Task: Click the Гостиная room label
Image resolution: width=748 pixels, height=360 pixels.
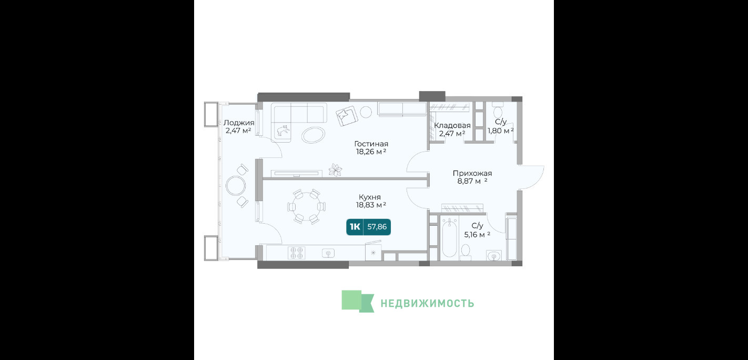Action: pos(371,144)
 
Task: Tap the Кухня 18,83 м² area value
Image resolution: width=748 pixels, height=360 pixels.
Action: pos(371,205)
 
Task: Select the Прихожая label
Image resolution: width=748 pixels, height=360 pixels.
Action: pos(472,174)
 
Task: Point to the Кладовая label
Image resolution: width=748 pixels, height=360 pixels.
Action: pos(452,126)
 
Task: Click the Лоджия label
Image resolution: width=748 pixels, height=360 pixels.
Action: pos(239,123)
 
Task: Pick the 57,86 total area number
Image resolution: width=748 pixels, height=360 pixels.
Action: pos(377,227)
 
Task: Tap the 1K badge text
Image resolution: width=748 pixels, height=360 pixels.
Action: pos(355,227)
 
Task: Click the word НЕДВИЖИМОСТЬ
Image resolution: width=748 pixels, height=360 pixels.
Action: pos(427,303)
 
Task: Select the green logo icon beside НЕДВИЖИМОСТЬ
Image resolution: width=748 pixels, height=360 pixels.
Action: pos(358,301)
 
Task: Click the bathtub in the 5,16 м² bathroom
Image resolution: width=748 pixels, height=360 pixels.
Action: pos(449,238)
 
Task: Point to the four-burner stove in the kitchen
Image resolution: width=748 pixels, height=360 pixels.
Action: pos(297,253)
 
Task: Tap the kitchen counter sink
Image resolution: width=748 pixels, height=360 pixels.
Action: pos(328,253)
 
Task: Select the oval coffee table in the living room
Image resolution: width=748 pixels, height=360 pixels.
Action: pos(313,135)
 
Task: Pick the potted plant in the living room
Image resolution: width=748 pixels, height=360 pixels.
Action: pos(335,170)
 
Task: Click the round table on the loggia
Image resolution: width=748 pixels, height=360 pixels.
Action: pos(236,186)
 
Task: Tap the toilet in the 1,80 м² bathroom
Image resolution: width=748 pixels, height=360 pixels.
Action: pos(498,110)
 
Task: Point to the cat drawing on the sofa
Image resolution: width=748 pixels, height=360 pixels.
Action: pos(282,131)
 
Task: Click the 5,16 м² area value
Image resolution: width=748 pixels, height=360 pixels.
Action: pos(477,235)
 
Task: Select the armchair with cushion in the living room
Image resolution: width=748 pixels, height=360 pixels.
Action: pos(347,116)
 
